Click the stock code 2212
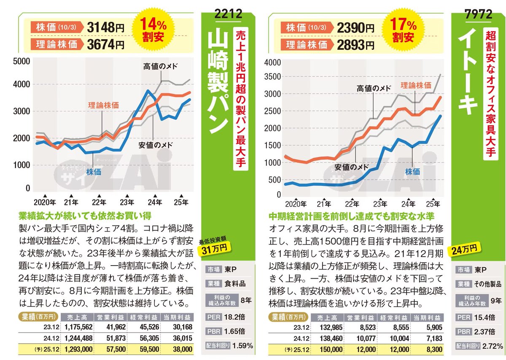click(x=228, y=13)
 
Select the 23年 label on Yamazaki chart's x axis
click(x=127, y=202)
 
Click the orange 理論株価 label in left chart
click(x=103, y=105)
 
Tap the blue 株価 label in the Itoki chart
click(x=412, y=172)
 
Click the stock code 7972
click(x=479, y=13)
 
